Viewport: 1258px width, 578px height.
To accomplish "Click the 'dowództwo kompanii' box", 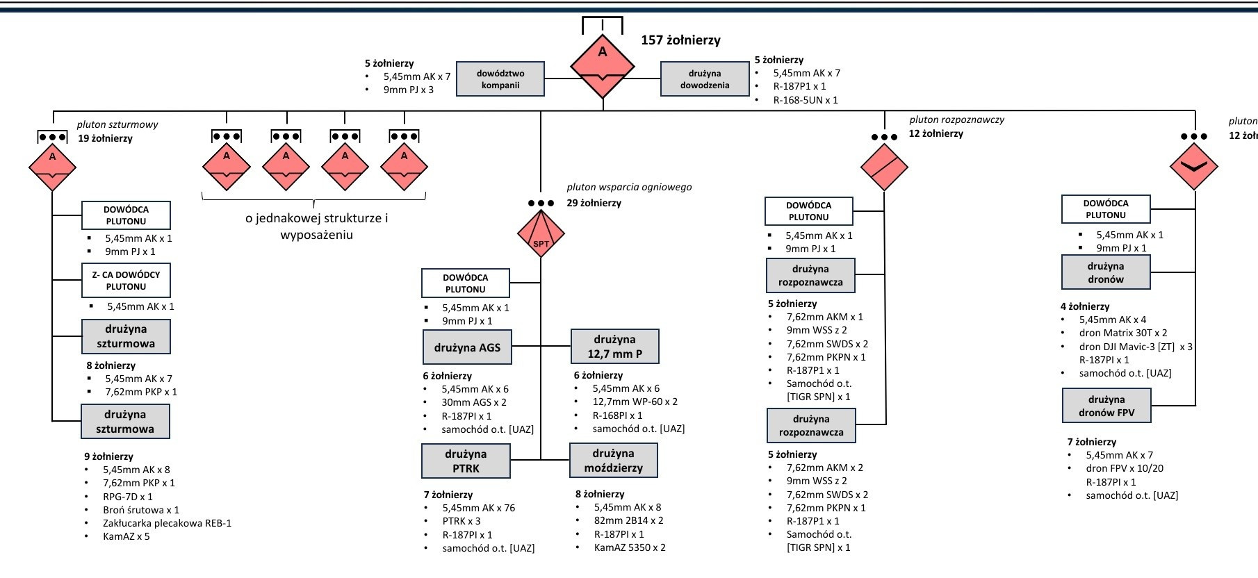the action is (x=500, y=79).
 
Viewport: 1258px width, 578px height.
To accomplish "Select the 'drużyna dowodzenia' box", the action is (x=705, y=79).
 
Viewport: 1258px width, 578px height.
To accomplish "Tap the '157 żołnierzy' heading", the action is (x=680, y=40).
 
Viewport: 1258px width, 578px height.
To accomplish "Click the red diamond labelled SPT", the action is (x=541, y=233).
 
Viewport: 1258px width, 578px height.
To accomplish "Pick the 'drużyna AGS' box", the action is (x=467, y=347).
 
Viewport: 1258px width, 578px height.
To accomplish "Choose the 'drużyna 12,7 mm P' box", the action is (x=615, y=347).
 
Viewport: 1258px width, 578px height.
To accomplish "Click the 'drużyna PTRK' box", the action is (x=466, y=461).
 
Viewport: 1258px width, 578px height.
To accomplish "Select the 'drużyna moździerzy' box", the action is (x=614, y=461).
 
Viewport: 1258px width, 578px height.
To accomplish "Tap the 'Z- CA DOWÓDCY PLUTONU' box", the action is (x=126, y=280).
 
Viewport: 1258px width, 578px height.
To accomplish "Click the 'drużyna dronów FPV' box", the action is (x=1106, y=406).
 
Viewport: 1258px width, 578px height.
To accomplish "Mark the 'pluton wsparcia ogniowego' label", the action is (x=629, y=187).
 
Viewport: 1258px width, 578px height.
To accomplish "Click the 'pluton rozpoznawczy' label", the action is (x=956, y=119).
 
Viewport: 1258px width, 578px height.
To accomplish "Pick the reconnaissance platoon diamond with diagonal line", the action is (x=884, y=167).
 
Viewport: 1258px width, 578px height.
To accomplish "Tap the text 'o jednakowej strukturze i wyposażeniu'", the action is (x=316, y=226).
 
